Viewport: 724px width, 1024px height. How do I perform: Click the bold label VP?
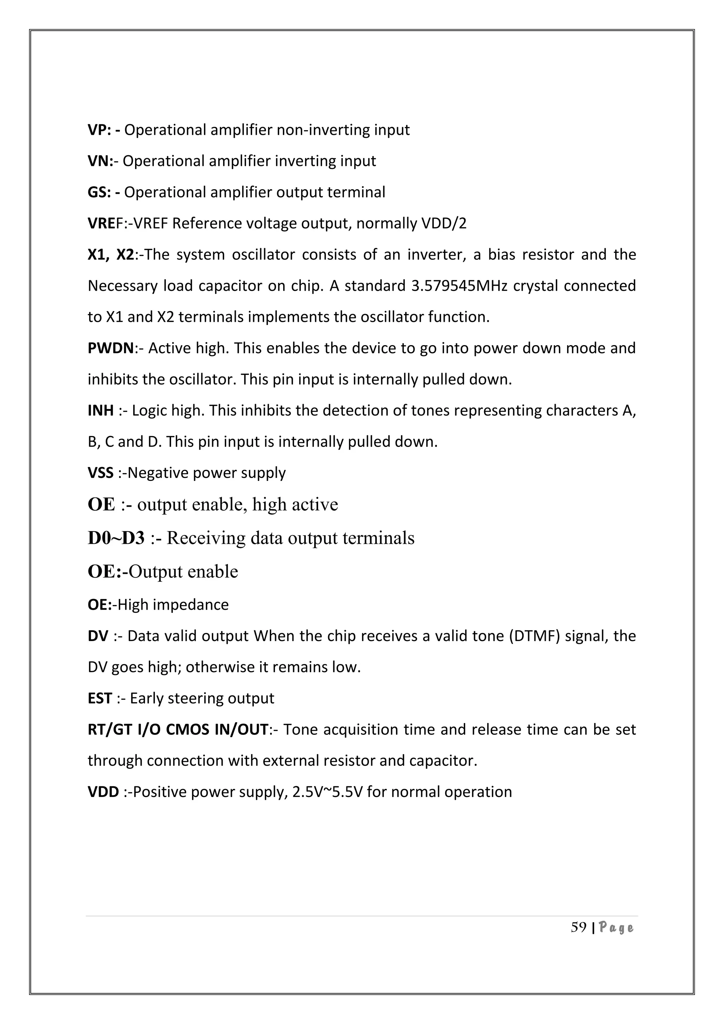[x=99, y=130]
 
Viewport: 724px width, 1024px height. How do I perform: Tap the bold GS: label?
[x=99, y=193]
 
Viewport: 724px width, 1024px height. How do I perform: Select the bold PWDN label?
[x=111, y=348]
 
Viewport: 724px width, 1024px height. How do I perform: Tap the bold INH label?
[x=101, y=410]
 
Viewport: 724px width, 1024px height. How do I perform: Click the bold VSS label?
[x=101, y=473]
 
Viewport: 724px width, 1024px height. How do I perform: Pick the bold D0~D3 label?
[x=116, y=538]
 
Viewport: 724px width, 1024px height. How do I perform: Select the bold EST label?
[x=100, y=698]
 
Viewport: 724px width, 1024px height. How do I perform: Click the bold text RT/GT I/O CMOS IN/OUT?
[x=178, y=730]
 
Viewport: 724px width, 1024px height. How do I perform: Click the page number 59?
[x=578, y=928]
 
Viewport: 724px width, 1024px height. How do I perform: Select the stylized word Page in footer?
[x=616, y=928]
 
